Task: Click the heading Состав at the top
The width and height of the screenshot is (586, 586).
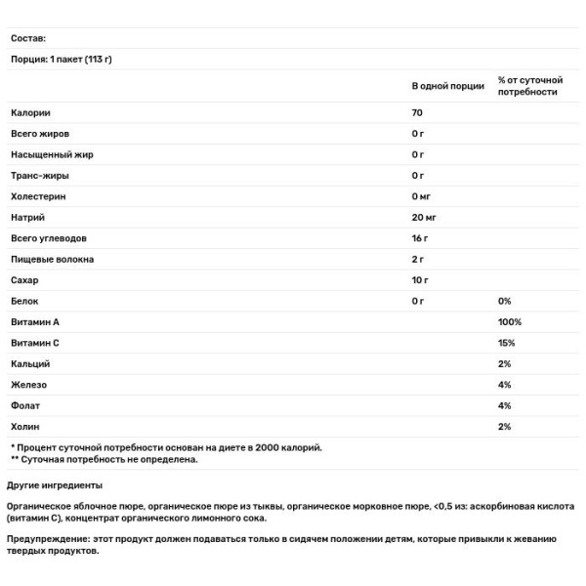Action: [x=28, y=38]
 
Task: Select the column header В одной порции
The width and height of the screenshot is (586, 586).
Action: [x=447, y=86]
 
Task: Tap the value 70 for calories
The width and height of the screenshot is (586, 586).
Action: [x=417, y=112]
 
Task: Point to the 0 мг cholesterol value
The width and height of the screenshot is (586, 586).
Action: [x=421, y=196]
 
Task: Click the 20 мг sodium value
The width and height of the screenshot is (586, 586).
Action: [x=423, y=217]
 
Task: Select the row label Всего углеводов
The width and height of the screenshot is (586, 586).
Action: [x=49, y=238]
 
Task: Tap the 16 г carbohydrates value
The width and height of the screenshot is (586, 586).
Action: [x=420, y=238]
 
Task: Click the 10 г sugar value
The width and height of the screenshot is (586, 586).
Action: [x=420, y=280]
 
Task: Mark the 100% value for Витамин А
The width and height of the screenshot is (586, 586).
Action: [x=510, y=322]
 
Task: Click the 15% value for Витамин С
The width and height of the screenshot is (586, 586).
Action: [x=506, y=343]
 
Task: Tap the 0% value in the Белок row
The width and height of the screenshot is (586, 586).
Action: [x=504, y=301]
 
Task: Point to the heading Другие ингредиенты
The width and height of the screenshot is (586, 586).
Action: [x=55, y=485]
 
